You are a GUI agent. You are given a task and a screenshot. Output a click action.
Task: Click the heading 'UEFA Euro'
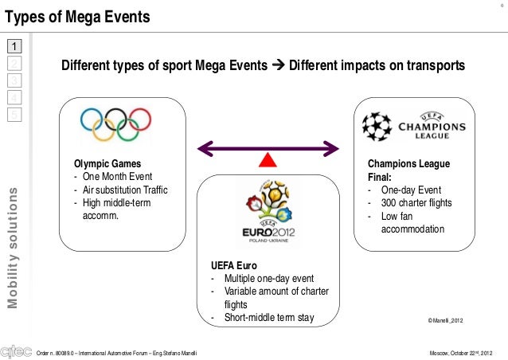click(x=233, y=265)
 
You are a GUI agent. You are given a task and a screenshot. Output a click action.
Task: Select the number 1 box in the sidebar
click(x=14, y=45)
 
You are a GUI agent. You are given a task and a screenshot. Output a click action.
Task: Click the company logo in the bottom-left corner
click(x=17, y=350)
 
